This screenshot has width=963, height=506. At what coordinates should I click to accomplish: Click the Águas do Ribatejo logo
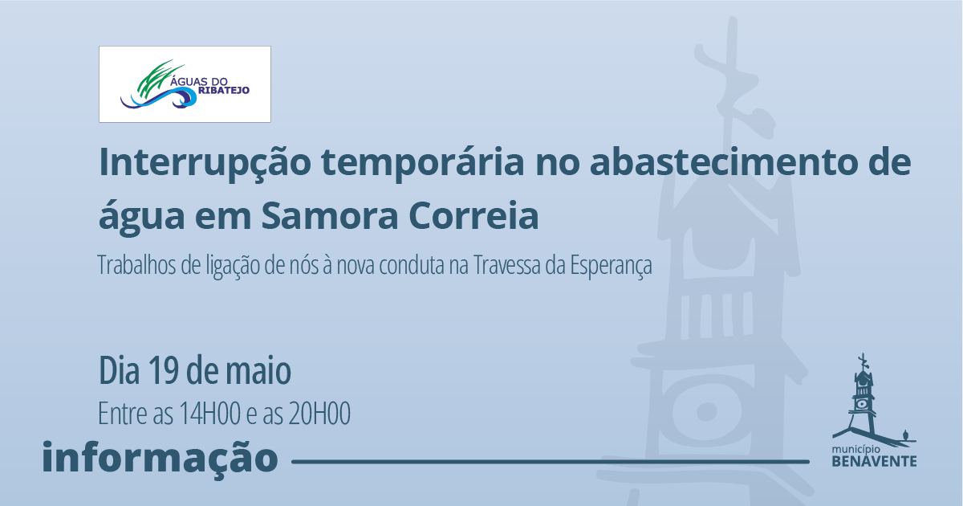tap(185, 84)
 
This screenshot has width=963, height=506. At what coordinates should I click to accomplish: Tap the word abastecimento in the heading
tap(724, 162)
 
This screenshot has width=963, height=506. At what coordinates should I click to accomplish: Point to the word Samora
tap(330, 215)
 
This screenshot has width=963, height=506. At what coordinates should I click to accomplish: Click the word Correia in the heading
tap(474, 215)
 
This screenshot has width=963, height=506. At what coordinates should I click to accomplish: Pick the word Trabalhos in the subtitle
tap(136, 264)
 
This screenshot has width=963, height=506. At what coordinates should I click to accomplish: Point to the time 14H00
tap(209, 414)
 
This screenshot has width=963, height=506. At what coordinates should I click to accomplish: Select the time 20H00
tap(319, 414)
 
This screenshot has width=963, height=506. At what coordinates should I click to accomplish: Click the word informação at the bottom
tap(160, 457)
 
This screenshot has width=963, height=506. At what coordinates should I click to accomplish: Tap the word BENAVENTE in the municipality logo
tap(875, 461)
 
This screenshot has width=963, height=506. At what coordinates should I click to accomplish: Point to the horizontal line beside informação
tap(551, 462)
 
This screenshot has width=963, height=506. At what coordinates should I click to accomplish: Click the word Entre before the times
tap(123, 414)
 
